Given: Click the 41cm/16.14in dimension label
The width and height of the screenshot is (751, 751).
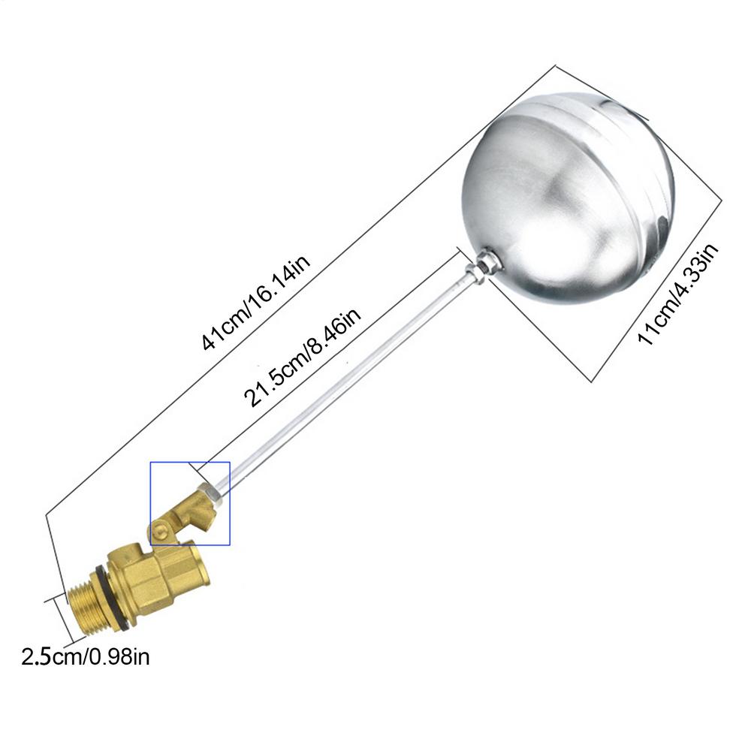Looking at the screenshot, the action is coord(256,302).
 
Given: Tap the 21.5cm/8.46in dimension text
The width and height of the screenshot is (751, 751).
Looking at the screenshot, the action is coord(302,357).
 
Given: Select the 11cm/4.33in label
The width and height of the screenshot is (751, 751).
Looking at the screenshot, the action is coord(677,294).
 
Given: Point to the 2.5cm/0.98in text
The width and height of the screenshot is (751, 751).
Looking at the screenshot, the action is coord(86,656).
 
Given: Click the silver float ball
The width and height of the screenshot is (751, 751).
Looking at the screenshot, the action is coord(568,199).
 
